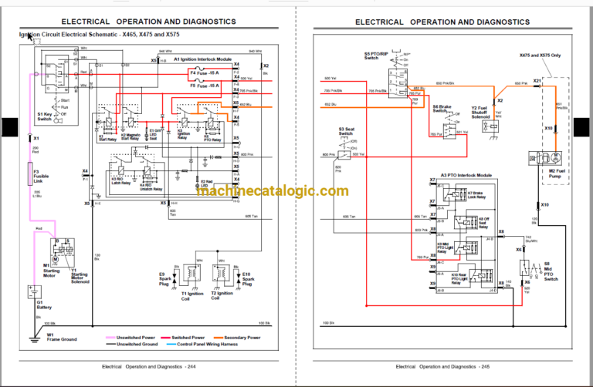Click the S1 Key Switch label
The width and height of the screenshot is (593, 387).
click(x=46, y=116)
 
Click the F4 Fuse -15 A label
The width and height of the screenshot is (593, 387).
click(x=205, y=72)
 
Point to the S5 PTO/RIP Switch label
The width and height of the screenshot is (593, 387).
click(x=371, y=56)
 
